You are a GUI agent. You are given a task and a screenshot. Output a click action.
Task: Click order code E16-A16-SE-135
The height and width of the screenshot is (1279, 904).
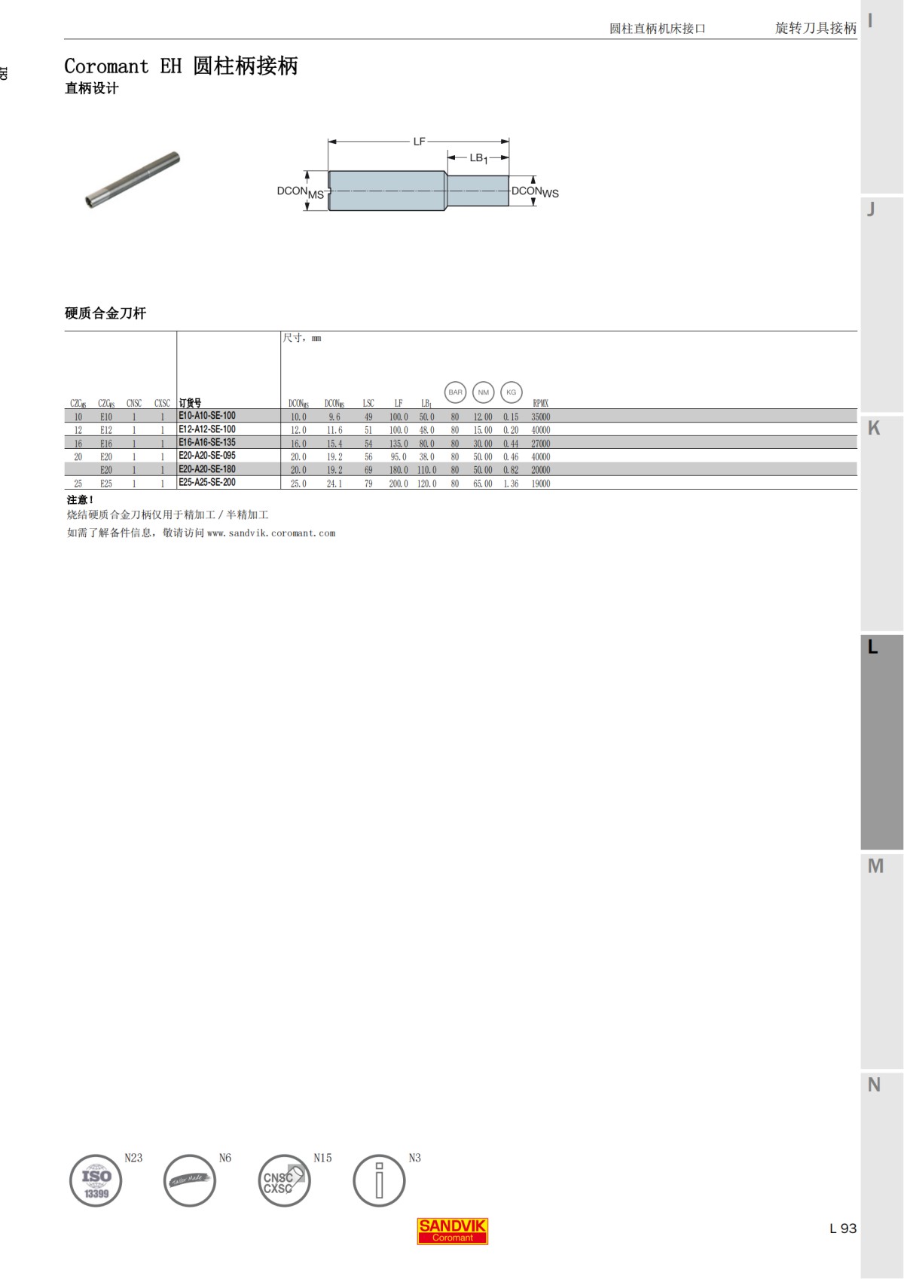[207, 443]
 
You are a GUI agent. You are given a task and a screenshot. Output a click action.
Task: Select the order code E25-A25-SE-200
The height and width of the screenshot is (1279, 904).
[207, 483]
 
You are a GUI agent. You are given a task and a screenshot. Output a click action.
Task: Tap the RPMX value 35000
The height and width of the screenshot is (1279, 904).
[540, 417]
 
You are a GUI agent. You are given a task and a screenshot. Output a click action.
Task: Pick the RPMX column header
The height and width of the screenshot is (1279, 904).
[540, 403]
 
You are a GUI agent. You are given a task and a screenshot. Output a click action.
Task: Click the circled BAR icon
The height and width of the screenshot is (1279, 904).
[456, 392]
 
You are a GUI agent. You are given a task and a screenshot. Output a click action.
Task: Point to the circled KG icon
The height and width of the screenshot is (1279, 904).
[512, 392]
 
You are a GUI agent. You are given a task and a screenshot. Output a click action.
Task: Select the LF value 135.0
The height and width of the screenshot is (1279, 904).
[399, 444]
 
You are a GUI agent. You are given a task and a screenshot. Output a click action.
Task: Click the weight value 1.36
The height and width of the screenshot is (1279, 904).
[511, 484]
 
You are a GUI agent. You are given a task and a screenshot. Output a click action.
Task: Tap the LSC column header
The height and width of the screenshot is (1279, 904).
[368, 403]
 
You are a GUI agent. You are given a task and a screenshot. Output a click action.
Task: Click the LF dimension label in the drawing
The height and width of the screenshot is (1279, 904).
[420, 141]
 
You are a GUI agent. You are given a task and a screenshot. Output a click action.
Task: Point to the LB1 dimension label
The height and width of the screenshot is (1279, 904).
[478, 158]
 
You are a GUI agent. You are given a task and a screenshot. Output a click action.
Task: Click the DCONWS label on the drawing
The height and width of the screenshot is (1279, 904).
[535, 192]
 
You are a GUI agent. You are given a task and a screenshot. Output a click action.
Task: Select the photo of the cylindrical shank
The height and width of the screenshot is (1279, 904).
[133, 179]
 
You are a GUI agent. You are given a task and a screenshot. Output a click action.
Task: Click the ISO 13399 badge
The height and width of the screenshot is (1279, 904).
[96, 1180]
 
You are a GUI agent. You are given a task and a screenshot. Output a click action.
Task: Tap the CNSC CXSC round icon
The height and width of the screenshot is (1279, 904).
[284, 1180]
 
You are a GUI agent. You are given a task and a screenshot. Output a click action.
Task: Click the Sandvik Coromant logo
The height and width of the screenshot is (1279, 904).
[452, 1231]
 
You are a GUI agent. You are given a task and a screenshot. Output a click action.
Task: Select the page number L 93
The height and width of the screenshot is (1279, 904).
[843, 1229]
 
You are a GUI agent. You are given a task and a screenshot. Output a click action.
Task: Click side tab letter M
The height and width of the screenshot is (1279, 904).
[875, 866]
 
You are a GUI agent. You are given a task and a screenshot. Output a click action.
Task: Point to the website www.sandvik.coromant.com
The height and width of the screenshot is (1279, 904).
[271, 533]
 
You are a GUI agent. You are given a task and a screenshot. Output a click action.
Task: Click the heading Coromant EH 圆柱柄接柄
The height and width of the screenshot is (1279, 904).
[181, 66]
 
